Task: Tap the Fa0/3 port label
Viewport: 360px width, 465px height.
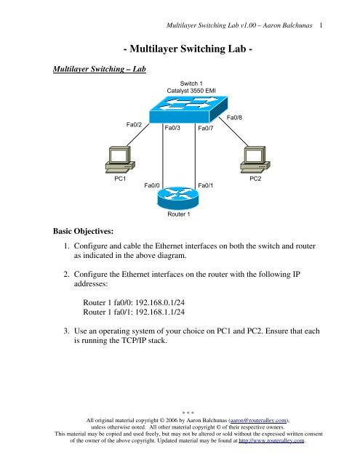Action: coord(173,127)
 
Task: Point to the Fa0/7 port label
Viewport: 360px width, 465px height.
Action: coord(206,128)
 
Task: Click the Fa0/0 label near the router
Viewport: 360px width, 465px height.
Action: coord(153,185)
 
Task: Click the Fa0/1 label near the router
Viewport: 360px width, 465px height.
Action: coord(206,185)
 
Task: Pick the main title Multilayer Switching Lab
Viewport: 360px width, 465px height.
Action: coord(183,51)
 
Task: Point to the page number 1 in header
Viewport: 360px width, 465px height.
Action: coord(319,25)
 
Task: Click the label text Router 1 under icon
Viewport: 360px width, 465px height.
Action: coord(179,215)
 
